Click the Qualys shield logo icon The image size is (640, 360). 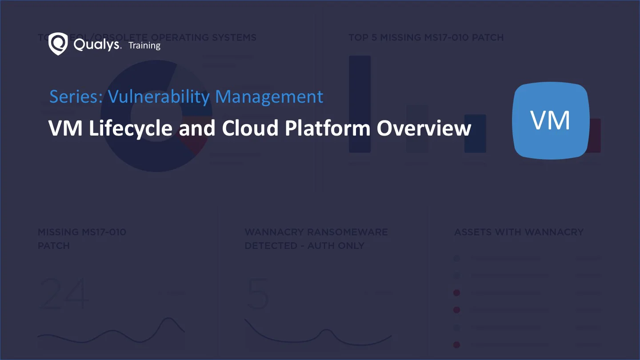[58, 44]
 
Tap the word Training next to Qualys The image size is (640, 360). [144, 45]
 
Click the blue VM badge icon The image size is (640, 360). [551, 120]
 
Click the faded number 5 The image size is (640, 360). [258, 294]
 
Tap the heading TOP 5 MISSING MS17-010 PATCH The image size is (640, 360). [426, 38]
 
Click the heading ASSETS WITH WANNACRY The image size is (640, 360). [519, 232]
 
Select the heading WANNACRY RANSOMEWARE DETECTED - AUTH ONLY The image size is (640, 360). [316, 239]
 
